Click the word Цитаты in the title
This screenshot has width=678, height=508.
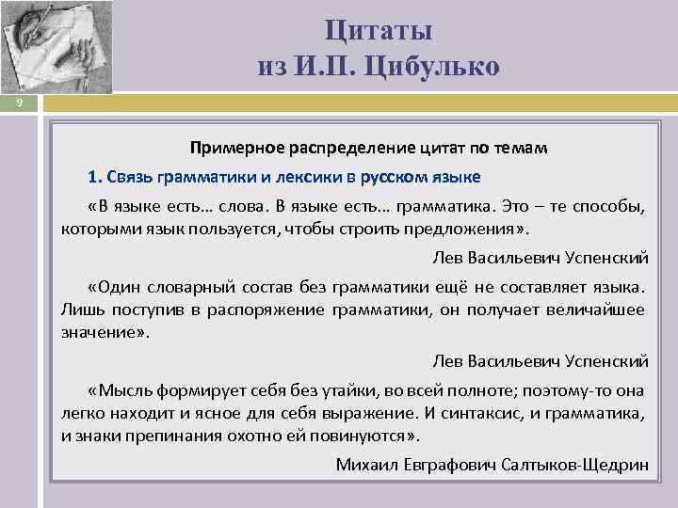[x=379, y=30]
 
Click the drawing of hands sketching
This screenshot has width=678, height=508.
[x=56, y=47]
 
